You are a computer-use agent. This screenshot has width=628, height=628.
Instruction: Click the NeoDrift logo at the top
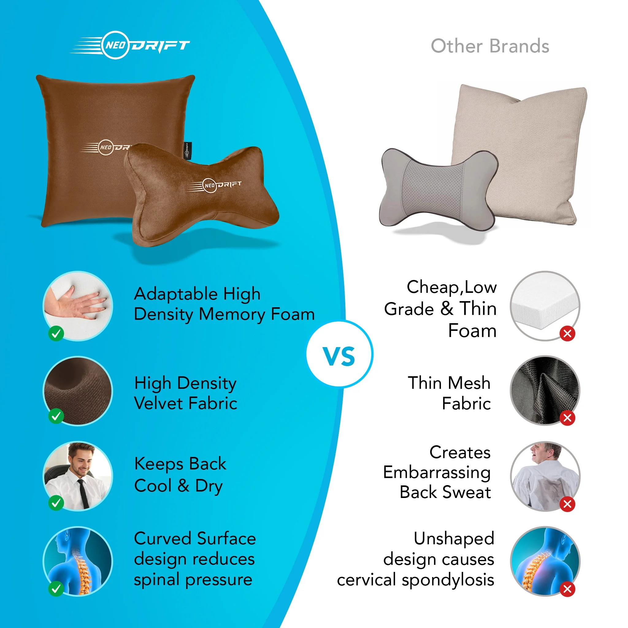click(x=130, y=45)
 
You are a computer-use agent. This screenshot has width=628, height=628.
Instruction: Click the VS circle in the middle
click(x=339, y=354)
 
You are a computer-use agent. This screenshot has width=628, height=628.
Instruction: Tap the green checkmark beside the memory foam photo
click(x=56, y=333)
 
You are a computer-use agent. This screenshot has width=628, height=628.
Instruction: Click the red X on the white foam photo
click(x=567, y=333)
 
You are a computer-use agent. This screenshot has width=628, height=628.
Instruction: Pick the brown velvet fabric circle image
click(x=78, y=390)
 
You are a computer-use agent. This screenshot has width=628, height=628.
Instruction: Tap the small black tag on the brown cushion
click(x=187, y=151)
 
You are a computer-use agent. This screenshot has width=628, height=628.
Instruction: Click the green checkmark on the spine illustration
click(x=56, y=588)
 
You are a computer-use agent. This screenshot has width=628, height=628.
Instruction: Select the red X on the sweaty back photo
click(x=567, y=504)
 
